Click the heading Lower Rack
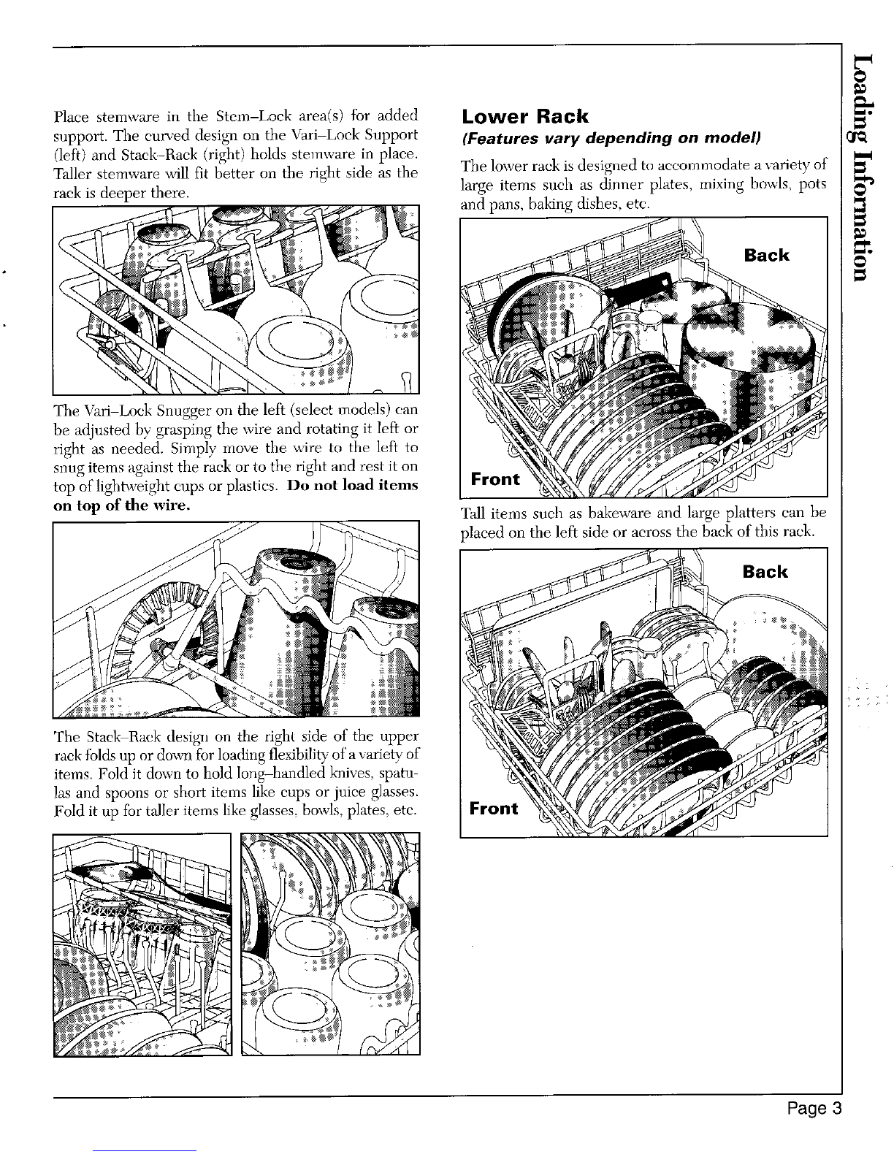524,117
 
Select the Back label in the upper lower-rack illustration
766,255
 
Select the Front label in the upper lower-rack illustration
495,479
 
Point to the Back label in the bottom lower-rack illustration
765,571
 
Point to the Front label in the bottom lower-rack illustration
494,809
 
